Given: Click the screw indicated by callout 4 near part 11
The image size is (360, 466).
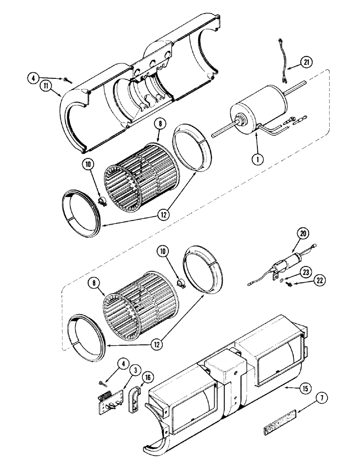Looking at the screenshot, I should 68,80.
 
